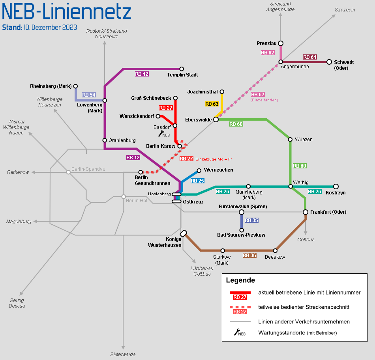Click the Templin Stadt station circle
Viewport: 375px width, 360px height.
[182, 69]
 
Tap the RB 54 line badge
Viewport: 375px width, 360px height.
[89, 95]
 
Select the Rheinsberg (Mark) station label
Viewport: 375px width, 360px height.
[51, 86]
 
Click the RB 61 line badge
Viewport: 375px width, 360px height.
[310, 57]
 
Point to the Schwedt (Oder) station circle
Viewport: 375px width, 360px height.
[329, 62]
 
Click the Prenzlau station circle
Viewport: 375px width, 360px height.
[281, 43]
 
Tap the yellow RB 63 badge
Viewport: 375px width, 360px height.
[212, 104]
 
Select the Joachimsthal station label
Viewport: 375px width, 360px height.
[202, 92]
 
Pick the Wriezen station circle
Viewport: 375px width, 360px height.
[290, 139]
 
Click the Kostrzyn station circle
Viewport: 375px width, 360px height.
[336, 186]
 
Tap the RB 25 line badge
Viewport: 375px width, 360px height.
[197, 181]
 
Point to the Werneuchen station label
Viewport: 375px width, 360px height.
[218, 170]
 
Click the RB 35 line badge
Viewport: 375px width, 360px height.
[251, 220]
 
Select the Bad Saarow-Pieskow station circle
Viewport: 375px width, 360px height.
[242, 230]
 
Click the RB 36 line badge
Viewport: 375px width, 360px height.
[249, 255]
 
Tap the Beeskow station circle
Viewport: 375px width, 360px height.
[275, 250]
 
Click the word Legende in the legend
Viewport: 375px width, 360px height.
[240, 280]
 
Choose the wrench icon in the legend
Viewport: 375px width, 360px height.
[238, 332]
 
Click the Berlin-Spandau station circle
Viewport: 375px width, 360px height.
[68, 172]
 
